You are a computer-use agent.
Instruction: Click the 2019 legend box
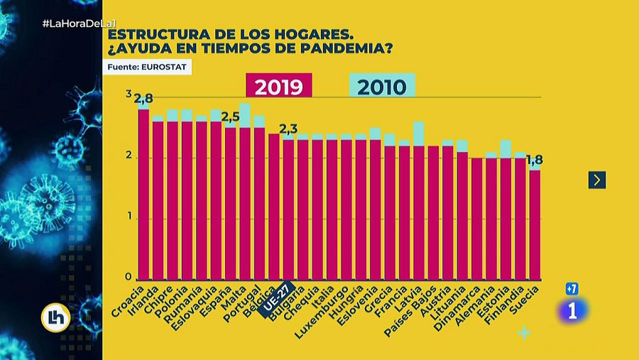point(278,87)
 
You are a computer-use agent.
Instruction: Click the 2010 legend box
point(382,87)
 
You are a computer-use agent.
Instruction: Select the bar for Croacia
point(143,193)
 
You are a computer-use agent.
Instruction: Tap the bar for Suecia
point(535,224)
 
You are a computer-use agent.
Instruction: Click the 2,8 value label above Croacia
point(143,99)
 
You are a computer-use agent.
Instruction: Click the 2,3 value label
point(288,129)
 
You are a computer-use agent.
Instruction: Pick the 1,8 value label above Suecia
point(535,160)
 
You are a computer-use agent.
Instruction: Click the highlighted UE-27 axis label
point(275,300)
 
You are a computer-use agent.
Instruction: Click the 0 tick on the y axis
point(129,277)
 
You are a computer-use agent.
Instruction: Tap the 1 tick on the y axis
point(129,217)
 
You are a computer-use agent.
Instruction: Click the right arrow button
point(596,180)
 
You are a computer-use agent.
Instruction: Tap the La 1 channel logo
point(573,310)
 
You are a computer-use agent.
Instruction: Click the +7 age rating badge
point(572,288)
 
